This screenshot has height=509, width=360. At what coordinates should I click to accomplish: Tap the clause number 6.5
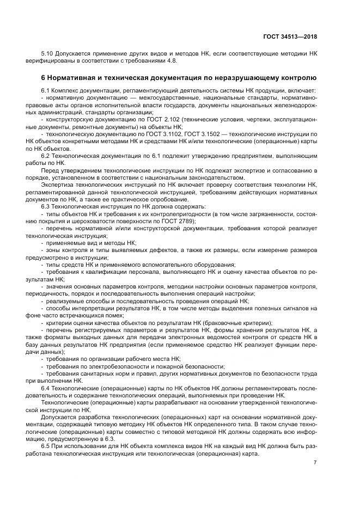[47, 446]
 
